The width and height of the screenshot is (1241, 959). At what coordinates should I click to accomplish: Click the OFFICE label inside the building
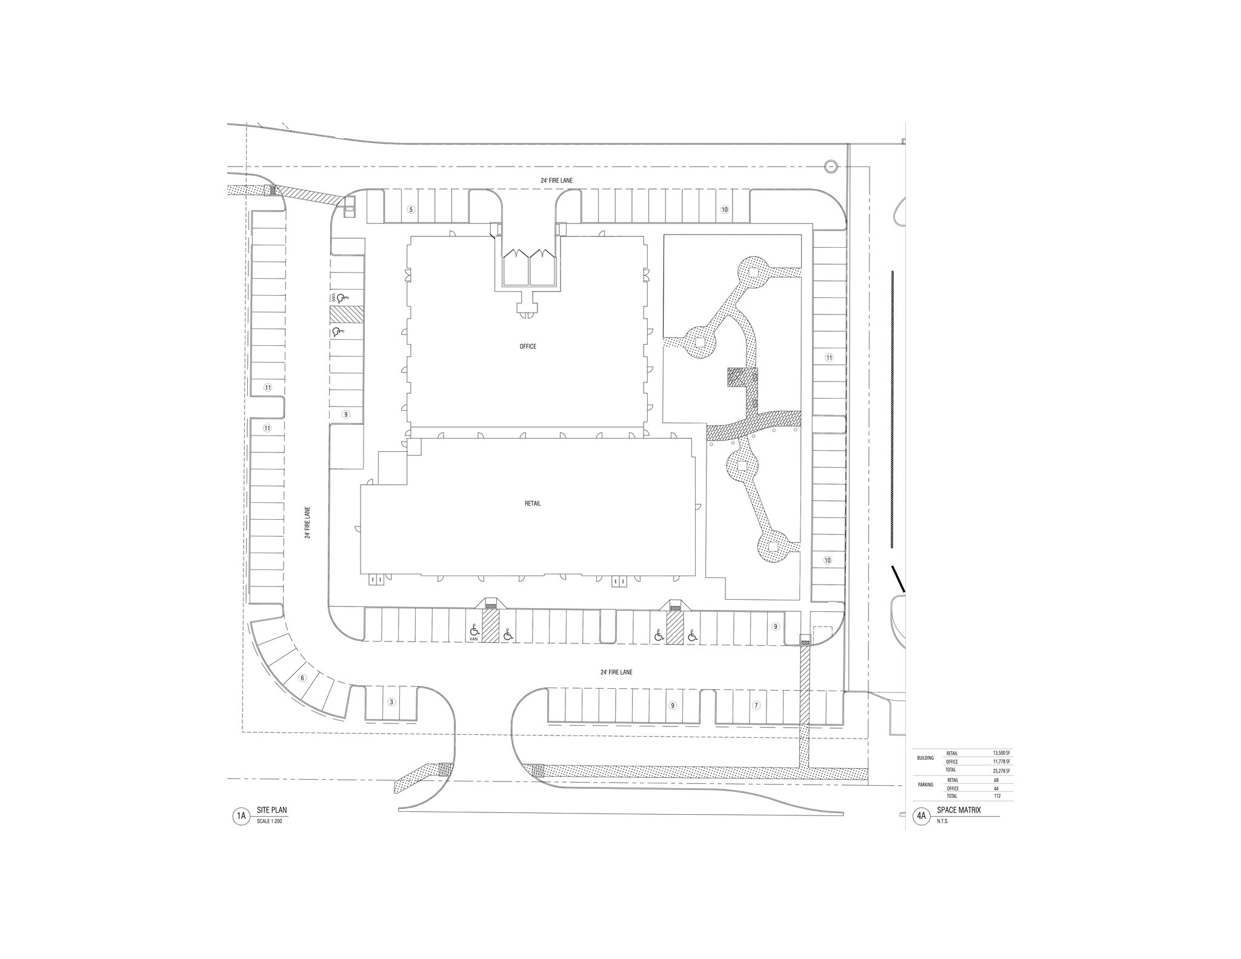[x=528, y=347]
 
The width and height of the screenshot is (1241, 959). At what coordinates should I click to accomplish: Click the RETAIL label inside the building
[x=533, y=503]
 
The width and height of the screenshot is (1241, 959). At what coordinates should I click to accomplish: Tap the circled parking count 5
[x=411, y=210]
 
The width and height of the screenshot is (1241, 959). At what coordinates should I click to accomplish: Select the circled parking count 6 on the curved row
[x=302, y=678]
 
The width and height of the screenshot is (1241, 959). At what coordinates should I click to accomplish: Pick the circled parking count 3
[x=391, y=702]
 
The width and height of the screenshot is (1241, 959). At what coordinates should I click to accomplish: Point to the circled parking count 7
[x=756, y=705]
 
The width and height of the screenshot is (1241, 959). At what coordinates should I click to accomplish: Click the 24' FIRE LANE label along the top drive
[x=556, y=181]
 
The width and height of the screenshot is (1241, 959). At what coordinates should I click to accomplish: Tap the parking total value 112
[x=996, y=796]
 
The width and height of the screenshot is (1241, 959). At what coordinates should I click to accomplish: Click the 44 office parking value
[x=996, y=788]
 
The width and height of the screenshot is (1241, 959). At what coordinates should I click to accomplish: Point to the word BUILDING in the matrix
[x=925, y=758]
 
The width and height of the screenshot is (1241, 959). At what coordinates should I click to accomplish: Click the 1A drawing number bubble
[x=241, y=817]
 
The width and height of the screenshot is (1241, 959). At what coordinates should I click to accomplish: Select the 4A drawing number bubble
[x=921, y=817]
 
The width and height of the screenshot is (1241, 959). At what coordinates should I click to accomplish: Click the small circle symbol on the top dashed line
[x=830, y=166]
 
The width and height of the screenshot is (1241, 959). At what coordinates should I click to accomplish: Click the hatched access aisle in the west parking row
[x=346, y=314]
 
